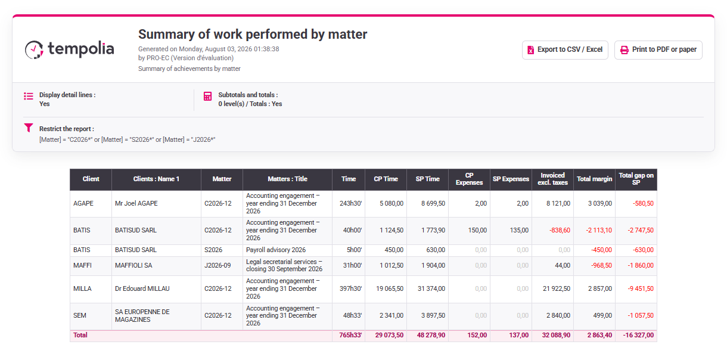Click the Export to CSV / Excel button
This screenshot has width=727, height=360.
click(565, 49)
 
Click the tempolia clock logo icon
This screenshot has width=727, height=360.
click(34, 49)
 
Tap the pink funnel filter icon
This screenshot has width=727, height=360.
click(29, 128)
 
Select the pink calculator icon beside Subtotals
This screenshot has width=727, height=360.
click(208, 96)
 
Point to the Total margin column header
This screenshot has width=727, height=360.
click(594, 179)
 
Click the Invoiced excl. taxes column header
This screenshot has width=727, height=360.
click(553, 179)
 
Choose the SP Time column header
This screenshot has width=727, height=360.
click(427, 179)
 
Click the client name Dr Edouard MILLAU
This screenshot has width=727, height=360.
click(142, 288)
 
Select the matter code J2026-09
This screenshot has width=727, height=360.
click(218, 266)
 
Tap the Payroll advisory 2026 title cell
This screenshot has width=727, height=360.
click(276, 250)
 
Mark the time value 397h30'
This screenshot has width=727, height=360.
click(350, 288)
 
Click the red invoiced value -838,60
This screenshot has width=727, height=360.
click(560, 230)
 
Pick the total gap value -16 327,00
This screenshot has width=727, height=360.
click(638, 336)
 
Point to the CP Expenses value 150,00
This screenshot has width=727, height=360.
click(477, 230)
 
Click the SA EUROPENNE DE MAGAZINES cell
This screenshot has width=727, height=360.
click(142, 315)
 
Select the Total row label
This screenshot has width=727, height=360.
click(80, 336)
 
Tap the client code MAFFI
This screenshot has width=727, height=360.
click(82, 266)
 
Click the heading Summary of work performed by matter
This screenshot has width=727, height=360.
click(253, 35)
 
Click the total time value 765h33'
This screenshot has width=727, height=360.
click(350, 336)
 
